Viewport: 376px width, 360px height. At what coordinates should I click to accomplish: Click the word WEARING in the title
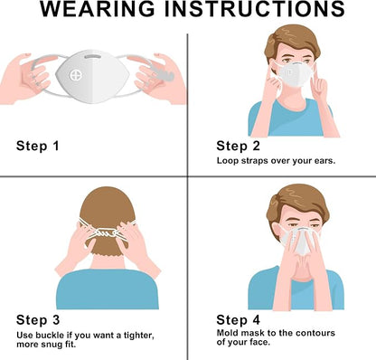(98, 8)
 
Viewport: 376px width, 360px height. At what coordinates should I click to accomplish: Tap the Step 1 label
(38, 146)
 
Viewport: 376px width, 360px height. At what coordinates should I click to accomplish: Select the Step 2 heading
(238, 146)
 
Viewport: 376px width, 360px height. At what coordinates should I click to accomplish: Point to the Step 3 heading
(38, 320)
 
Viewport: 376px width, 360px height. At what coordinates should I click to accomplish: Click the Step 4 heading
(238, 320)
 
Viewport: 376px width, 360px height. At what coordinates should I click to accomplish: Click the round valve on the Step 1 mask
(75, 75)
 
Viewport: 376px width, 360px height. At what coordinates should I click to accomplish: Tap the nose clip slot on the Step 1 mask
(93, 56)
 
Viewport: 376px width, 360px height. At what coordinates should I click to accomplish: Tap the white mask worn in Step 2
(294, 75)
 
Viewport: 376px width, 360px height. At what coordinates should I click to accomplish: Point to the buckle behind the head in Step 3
(106, 232)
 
